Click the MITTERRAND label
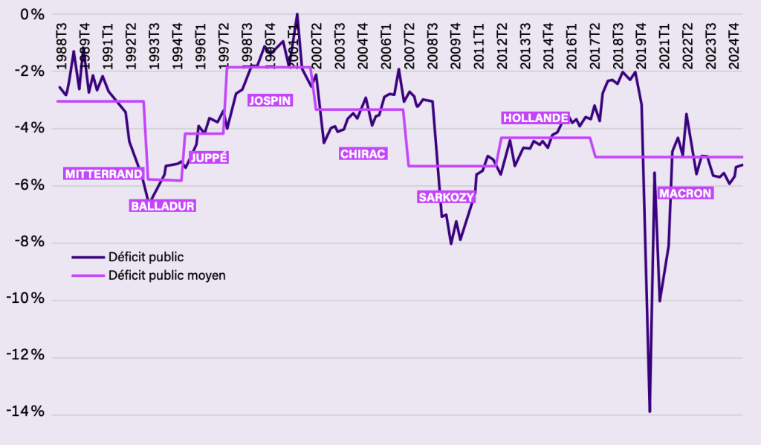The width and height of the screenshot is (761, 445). click(x=103, y=174)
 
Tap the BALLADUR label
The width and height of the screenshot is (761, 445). click(x=163, y=206)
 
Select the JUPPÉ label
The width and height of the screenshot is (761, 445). click(x=209, y=157)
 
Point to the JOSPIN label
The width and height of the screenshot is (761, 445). click(x=270, y=100)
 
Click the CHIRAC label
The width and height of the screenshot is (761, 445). click(x=363, y=153)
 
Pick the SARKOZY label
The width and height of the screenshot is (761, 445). click(x=446, y=197)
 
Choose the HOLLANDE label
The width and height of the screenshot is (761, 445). click(x=536, y=118)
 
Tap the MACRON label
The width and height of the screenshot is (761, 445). click(x=685, y=193)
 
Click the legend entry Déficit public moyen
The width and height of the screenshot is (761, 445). click(x=166, y=275)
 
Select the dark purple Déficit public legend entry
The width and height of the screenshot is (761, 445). click(x=146, y=257)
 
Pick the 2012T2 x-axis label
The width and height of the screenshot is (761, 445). click(x=502, y=47)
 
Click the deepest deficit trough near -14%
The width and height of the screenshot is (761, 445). click(x=650, y=411)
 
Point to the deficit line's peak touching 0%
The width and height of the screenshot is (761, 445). click(x=297, y=14)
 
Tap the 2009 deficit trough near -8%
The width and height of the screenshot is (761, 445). click(x=451, y=243)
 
